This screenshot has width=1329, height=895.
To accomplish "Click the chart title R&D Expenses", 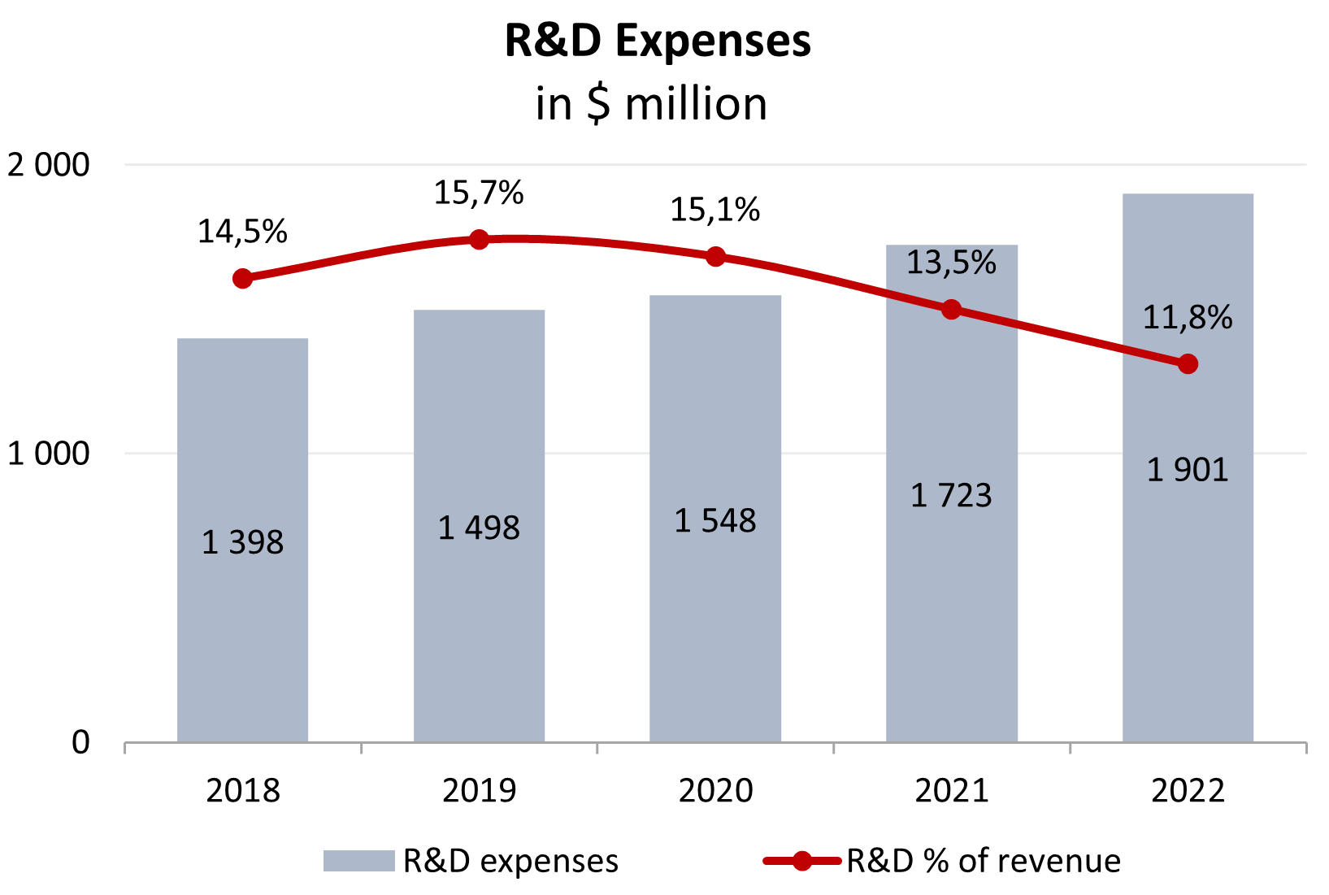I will pyautogui.click(x=658, y=41).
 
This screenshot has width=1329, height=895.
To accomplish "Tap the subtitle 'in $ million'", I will pyautogui.click(x=651, y=104).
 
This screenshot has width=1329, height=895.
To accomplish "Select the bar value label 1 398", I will pyautogui.click(x=242, y=542).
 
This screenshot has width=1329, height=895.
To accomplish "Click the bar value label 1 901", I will pyautogui.click(x=1188, y=470).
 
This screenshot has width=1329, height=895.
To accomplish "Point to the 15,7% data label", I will pyautogui.click(x=479, y=193).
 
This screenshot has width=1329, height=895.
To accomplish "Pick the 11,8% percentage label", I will pyautogui.click(x=1188, y=317).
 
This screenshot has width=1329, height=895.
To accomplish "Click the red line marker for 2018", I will pyautogui.click(x=242, y=279).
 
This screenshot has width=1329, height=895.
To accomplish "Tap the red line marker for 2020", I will pyautogui.click(x=715, y=257).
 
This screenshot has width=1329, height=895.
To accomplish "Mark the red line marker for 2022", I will pyautogui.click(x=1188, y=363).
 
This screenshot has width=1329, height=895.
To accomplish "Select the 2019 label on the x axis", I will pyautogui.click(x=479, y=790).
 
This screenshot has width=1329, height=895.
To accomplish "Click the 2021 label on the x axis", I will pyautogui.click(x=951, y=790).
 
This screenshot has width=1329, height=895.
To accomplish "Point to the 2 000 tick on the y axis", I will pyautogui.click(x=49, y=165).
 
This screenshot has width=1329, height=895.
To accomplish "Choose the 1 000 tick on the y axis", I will pyautogui.click(x=49, y=454).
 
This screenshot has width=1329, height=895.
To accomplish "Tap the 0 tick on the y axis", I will pyautogui.click(x=80, y=742).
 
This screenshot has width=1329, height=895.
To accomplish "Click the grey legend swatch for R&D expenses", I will pyautogui.click(x=358, y=861).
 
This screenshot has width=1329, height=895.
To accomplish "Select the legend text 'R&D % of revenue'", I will pyautogui.click(x=984, y=861).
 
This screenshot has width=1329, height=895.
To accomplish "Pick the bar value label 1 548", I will pyautogui.click(x=715, y=521).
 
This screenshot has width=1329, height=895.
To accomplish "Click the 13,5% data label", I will pyautogui.click(x=951, y=263).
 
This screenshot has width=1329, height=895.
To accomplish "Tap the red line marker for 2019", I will pyautogui.click(x=479, y=240).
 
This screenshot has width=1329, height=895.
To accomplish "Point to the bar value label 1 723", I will pyautogui.click(x=951, y=495).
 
